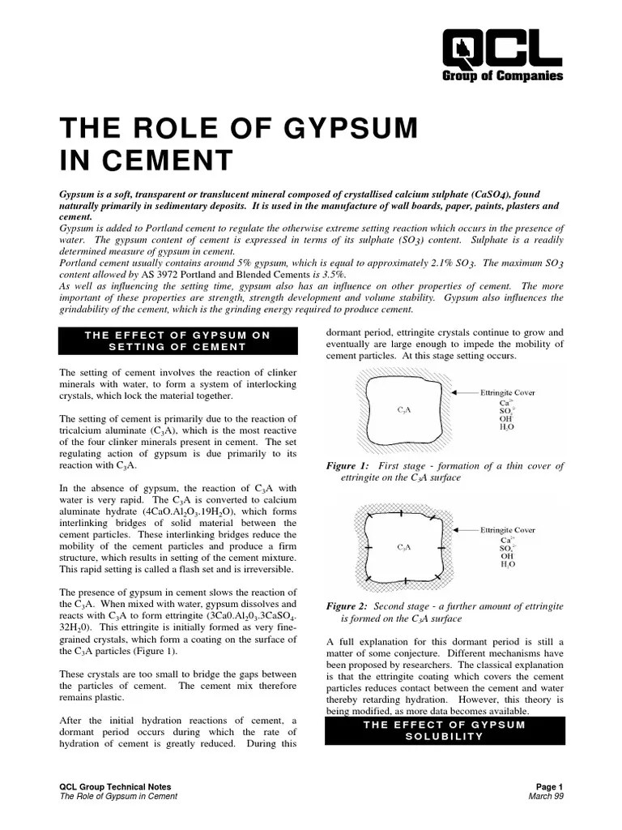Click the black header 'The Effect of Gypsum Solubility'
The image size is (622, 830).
click(444, 729)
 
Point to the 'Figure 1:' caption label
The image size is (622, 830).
click(347, 466)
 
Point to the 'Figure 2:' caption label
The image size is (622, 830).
click(347, 606)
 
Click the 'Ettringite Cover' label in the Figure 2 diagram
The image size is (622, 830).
click(508, 530)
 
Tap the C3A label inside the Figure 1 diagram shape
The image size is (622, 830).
click(403, 410)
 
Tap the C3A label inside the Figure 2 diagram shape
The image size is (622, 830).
click(403, 547)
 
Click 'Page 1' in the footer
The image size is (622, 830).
click(549, 787)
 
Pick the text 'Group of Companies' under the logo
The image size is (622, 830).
click(502, 77)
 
